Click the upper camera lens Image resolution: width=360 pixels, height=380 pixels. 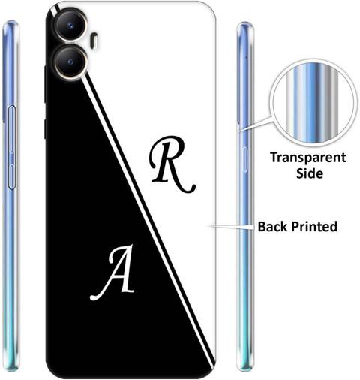(70, 25)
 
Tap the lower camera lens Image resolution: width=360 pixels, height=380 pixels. (70, 62)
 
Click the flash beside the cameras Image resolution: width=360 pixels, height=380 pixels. (94, 40)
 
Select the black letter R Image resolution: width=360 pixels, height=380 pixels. (172, 164)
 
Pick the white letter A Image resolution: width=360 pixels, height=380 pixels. (113, 273)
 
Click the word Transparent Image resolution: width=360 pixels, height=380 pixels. (308, 158)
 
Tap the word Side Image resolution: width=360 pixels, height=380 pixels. (310, 173)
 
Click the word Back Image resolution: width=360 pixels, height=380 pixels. (273, 226)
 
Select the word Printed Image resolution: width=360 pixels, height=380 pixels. (314, 226)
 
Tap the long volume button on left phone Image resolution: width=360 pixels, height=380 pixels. (12, 129)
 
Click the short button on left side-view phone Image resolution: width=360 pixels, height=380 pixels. (12, 176)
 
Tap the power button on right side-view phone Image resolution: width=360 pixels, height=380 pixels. (244, 160)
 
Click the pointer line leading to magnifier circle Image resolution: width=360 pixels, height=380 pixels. (255, 124)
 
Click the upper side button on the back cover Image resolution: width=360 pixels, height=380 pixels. (45, 84)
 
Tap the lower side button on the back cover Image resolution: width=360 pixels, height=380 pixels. (45, 129)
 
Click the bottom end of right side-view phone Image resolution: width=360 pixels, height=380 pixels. (245, 369)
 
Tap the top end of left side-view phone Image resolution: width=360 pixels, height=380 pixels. (10, 23)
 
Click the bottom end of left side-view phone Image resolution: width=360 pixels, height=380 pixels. (11, 369)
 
